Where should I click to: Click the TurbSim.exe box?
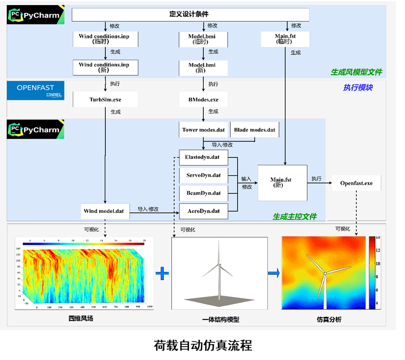click(105, 99)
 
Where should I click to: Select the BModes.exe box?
click(203, 99)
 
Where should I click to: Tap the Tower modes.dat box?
click(203, 130)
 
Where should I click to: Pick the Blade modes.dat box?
click(254, 130)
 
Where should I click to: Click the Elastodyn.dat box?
click(203, 158)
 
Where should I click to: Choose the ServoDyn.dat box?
click(203, 175)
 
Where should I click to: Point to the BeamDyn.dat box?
click(203, 193)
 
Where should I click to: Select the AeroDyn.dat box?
click(203, 211)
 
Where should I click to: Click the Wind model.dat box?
click(105, 211)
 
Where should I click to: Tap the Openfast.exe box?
click(356, 183)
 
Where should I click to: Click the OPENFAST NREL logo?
click(35, 91)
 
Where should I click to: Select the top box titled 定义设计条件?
click(190, 15)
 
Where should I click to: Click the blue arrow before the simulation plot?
click(274, 273)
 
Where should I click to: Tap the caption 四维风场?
click(81, 319)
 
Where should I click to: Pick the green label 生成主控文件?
click(295, 217)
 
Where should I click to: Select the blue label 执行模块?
click(358, 88)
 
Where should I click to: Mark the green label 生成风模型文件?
click(356, 72)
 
